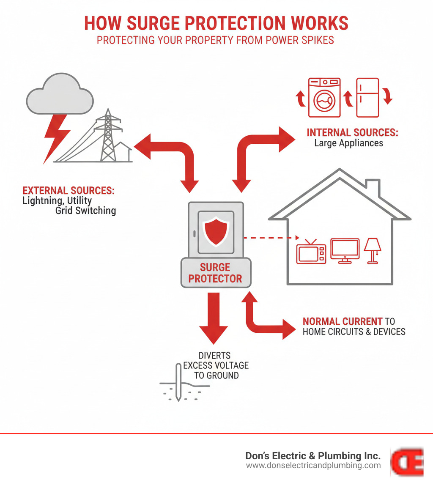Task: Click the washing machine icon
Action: tap(324, 98)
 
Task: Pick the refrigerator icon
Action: tap(367, 98)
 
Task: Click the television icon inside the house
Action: tap(311, 252)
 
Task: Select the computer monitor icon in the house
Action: tap(345, 250)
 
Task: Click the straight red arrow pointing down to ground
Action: tap(214, 317)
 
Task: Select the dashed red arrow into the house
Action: tap(271, 238)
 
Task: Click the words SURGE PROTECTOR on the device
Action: tap(216, 273)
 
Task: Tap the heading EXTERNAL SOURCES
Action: tap(68, 190)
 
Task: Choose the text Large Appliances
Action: tap(348, 143)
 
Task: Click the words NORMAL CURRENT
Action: tap(343, 321)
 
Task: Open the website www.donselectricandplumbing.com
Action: tap(313, 466)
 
